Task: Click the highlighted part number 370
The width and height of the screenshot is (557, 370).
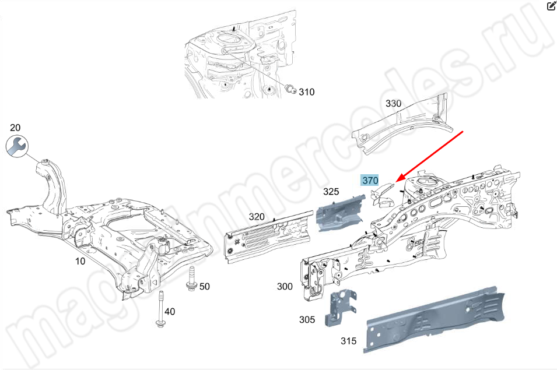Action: (x=370, y=181)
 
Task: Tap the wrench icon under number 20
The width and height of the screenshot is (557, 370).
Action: (x=17, y=146)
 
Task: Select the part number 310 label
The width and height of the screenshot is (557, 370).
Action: (x=307, y=92)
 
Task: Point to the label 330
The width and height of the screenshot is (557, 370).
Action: (x=393, y=104)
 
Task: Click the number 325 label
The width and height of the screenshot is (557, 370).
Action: (x=331, y=192)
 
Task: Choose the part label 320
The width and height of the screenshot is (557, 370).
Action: (x=257, y=217)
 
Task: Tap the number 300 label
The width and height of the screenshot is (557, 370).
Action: (x=285, y=286)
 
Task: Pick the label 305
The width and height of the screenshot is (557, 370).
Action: (x=307, y=320)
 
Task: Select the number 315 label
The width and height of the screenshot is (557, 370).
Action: (x=348, y=341)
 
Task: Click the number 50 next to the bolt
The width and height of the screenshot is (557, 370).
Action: (x=204, y=286)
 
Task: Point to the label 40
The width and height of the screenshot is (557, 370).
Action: (x=170, y=312)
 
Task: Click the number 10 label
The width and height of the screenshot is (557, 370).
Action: (x=80, y=262)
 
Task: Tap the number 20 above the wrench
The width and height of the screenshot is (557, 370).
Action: (x=15, y=128)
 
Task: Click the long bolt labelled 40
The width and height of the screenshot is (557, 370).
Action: (x=160, y=309)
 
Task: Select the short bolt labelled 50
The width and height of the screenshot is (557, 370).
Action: (x=191, y=279)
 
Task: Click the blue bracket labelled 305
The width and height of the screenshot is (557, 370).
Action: (x=341, y=308)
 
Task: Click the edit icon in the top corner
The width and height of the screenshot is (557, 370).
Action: (x=552, y=6)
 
